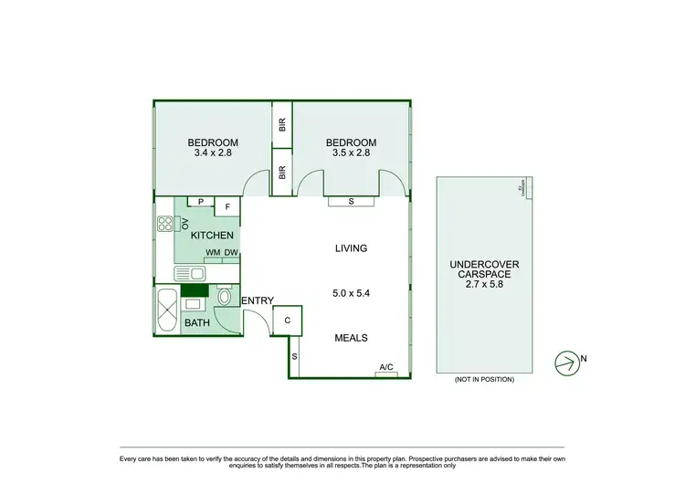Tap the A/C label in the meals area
click(386, 368)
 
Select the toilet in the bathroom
click(225, 297)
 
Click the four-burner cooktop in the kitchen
click(165, 223)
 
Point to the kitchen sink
click(193, 272)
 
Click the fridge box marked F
click(227, 206)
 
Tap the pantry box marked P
click(200, 202)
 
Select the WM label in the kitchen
click(212, 253)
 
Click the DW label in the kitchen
click(231, 253)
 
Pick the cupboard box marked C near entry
click(288, 320)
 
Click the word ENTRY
click(257, 300)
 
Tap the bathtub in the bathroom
click(167, 310)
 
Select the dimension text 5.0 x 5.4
click(351, 293)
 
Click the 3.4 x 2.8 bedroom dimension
click(213, 153)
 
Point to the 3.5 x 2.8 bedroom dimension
click(352, 153)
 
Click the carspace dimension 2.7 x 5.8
click(484, 283)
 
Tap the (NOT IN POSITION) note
click(484, 379)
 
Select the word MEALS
click(351, 338)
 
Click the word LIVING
click(351, 247)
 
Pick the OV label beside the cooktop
click(184, 223)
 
